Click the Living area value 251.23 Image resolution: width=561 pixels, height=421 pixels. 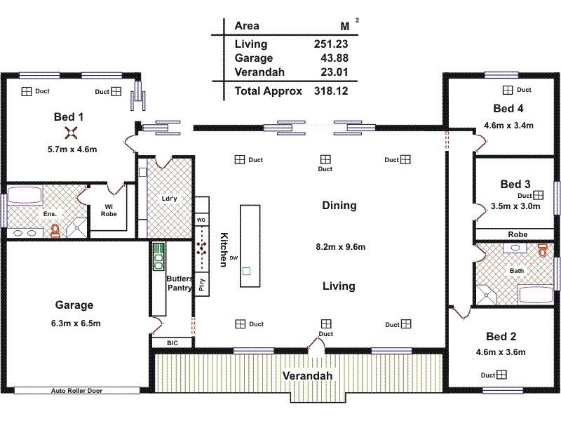coord(331,44)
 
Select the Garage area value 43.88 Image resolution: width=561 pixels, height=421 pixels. coord(334,58)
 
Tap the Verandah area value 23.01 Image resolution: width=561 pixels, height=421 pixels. coord(334,72)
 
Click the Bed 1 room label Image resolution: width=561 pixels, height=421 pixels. coord(69,116)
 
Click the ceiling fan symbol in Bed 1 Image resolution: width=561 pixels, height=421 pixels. coord(71,132)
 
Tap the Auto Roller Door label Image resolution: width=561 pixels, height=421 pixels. coord(77,391)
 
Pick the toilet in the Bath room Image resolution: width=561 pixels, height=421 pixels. coord(541,250)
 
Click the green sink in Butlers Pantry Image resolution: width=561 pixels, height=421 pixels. coord(158,257)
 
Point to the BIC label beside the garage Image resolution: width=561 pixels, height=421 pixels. coord(172,343)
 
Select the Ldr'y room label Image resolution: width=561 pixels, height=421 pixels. coord(169,199)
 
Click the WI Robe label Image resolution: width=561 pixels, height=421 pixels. coord(109,209)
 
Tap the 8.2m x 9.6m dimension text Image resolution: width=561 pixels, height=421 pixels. coord(340,247)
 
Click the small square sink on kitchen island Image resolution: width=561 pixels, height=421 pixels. coord(246,269)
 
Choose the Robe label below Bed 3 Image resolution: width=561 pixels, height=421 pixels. coord(518,234)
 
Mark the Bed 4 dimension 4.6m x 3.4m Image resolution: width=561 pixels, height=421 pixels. coord(508,126)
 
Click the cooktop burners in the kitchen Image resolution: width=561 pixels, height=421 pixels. coord(203,248)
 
